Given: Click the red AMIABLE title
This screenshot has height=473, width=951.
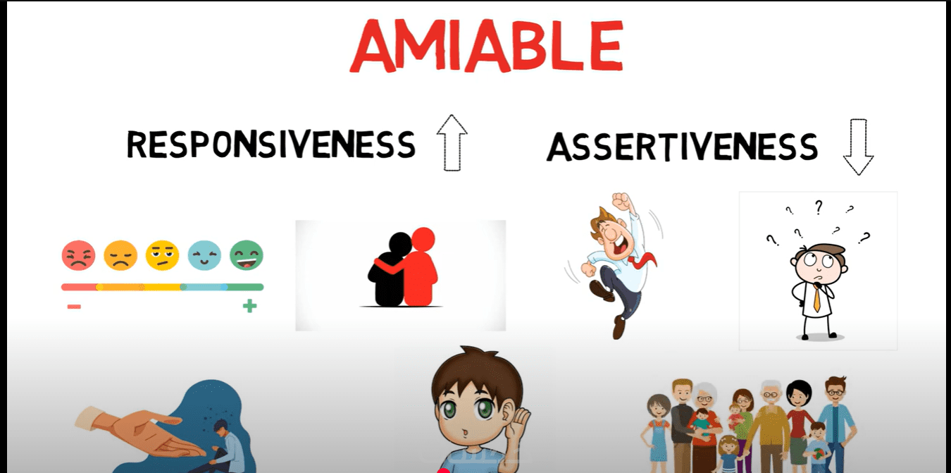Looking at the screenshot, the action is coord(487,46).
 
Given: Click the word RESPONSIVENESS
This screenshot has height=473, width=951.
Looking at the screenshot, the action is coord(271,145).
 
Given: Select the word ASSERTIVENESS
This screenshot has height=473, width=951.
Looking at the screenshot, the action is coord(683,147).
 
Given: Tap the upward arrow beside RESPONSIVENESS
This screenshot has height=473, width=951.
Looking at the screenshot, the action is coord(452,142).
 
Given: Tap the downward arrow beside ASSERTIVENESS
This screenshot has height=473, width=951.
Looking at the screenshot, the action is coord(858,147).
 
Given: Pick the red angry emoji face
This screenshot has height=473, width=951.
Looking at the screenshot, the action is coord(78,255).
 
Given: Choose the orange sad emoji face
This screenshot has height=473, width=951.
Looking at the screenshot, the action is coord(120,255).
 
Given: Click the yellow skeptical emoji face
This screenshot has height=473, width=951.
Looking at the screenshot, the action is coord(163,255).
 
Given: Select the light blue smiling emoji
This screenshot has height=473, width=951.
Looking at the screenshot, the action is coord(204,255).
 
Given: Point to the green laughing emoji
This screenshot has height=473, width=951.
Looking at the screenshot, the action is coord(247,255).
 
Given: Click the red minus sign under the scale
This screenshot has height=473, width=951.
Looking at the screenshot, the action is coord(74,307).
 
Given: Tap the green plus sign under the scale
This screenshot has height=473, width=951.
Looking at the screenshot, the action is coord(249,305).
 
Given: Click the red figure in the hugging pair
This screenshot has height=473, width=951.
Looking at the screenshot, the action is coord(418,268).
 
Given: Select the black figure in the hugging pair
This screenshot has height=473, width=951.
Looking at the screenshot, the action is coord(390,272).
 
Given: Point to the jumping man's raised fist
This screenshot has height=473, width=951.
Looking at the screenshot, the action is coord(621,202).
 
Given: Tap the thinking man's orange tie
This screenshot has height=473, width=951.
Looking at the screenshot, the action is coord(817,298).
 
